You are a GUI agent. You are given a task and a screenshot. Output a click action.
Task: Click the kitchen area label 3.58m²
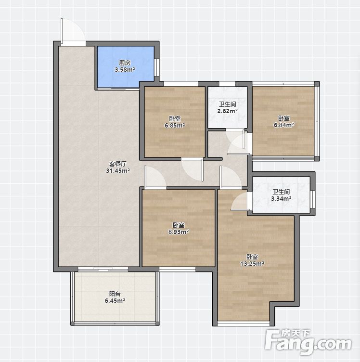pyautogui.click(x=125, y=69)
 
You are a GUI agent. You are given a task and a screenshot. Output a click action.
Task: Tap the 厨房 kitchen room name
pyautogui.click(x=125, y=63)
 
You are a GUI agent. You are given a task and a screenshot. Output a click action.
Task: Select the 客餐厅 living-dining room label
pyautogui.click(x=118, y=164)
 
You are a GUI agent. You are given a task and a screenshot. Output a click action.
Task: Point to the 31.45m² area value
pyautogui.click(x=118, y=171)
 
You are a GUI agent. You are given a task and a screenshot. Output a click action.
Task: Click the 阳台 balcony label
pyautogui.click(x=115, y=294)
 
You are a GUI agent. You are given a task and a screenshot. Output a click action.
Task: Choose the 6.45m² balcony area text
pyautogui.click(x=115, y=301)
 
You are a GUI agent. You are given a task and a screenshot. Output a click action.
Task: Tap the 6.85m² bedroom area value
pyautogui.click(x=175, y=126)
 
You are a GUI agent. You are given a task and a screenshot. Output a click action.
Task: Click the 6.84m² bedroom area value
pyautogui.click(x=284, y=125)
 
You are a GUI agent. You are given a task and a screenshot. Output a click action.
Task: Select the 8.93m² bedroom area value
pyautogui.click(x=179, y=232)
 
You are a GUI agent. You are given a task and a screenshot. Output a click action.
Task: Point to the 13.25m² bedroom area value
pyautogui.click(x=252, y=264)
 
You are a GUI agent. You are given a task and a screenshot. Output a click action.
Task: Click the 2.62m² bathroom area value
pyautogui.click(x=228, y=111)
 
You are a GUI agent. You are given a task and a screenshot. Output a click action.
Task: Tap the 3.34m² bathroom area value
pyautogui.click(x=281, y=198)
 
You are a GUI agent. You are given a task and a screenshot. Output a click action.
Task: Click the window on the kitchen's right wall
pyautogui.click(x=157, y=67)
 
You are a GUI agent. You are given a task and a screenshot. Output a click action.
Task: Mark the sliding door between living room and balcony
pyautogui.click(x=103, y=269)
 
